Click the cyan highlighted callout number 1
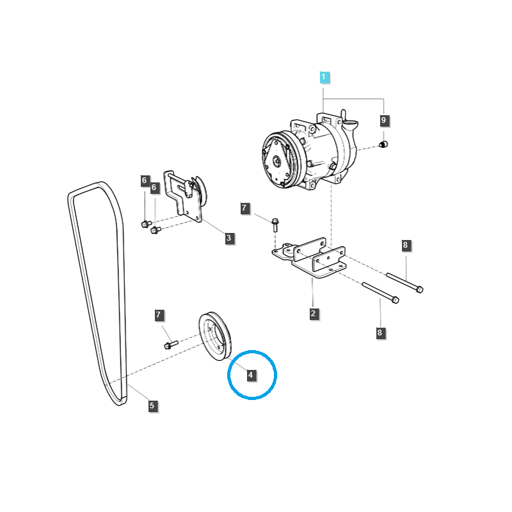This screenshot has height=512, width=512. [x=324, y=77]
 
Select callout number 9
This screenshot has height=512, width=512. [x=384, y=120]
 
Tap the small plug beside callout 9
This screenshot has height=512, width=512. [x=384, y=144]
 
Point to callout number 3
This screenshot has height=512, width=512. [x=229, y=239]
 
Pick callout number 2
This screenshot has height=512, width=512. [x=314, y=314]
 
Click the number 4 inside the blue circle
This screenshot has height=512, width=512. [x=252, y=375]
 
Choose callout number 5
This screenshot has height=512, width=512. [x=152, y=405]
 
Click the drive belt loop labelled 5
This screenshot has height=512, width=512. [x=96, y=288]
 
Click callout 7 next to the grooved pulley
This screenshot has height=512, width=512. [x=160, y=315]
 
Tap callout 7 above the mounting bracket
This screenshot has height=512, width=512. [x=244, y=208]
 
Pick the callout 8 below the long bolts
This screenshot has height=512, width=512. [x=380, y=333]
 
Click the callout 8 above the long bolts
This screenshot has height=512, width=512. [x=405, y=245]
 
